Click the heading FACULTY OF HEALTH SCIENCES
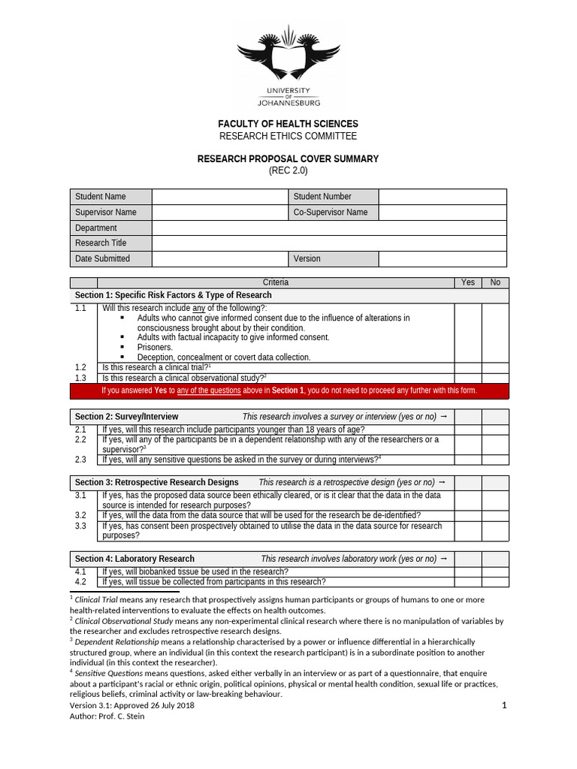[x=288, y=123]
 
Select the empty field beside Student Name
[x=219, y=197]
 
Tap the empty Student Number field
[x=442, y=197]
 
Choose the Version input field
[x=442, y=258]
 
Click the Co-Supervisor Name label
[x=331, y=213]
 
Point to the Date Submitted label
[x=102, y=258]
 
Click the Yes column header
[x=468, y=282]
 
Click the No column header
[x=495, y=282]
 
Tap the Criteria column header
[x=275, y=282]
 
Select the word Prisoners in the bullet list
[x=155, y=348]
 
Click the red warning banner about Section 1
[x=288, y=391]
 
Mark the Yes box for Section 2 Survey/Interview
[x=468, y=417]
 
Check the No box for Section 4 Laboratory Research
[x=495, y=559]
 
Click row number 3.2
[x=81, y=516]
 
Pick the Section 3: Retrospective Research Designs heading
[x=157, y=482]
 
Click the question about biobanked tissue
[x=195, y=571]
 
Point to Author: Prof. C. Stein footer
[x=107, y=716]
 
